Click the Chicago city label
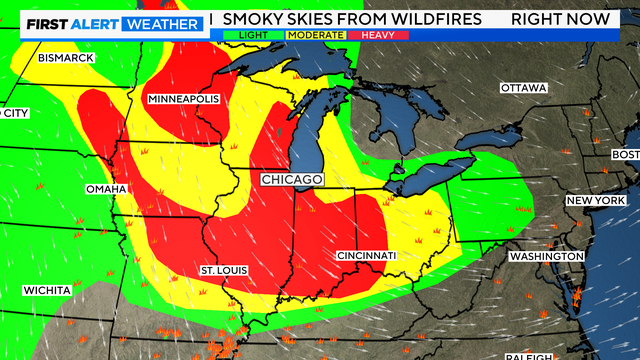point(292,179)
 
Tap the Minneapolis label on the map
point(183,100)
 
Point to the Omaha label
point(105,189)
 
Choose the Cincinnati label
point(366,256)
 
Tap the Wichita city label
point(48,290)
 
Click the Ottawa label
point(524,88)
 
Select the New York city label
point(595,201)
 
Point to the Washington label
point(546,257)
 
